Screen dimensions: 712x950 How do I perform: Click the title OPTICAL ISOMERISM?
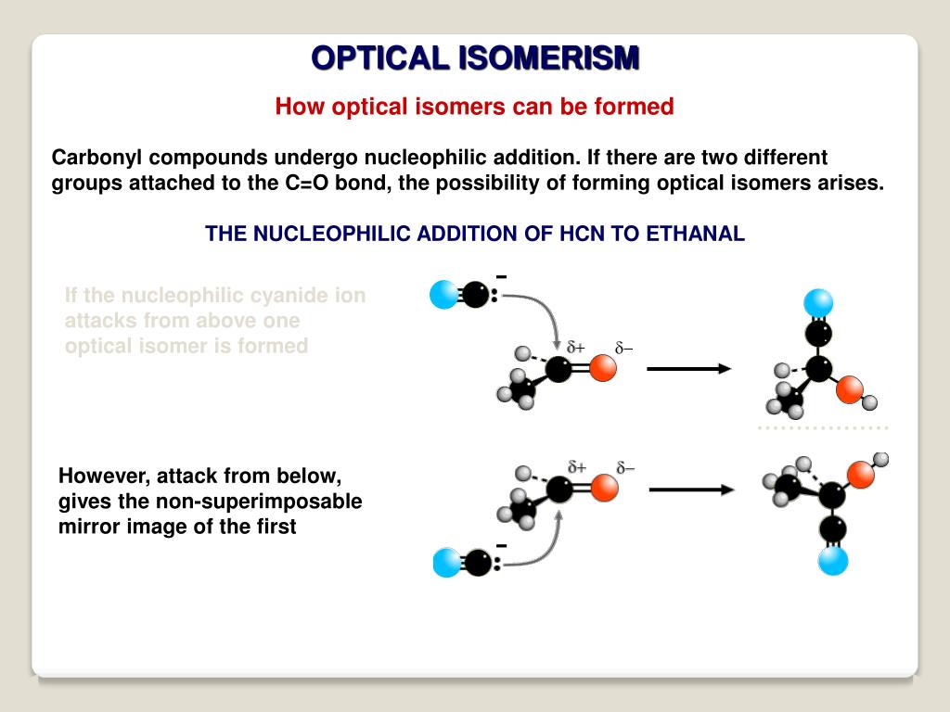475,57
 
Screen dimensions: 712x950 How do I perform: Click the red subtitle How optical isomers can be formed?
474,107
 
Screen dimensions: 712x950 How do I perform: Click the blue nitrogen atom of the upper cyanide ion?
444,295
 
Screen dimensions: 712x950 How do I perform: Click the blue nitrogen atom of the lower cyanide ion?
446,563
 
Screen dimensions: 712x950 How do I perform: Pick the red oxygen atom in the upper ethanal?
603,369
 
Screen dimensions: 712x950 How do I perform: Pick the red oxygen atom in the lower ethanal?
604,488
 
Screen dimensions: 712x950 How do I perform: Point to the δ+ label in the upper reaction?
576,348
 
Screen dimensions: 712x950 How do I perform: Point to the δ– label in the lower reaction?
624,466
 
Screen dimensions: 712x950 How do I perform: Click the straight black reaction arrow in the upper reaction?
688,369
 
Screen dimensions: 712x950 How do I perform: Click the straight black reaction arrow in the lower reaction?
690,489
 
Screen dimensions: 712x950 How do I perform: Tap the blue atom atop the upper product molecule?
818,302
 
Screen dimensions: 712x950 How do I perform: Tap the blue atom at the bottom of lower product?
833,560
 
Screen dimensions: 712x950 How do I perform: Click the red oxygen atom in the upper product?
849,390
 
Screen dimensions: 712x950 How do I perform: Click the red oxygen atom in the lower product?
860,475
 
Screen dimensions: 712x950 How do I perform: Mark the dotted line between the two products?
822,427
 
